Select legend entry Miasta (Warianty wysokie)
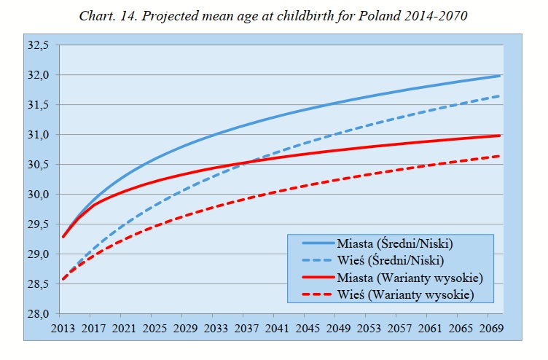[409, 278]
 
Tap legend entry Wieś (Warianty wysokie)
[405, 294]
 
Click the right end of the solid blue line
[501, 76]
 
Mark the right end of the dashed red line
[501, 156]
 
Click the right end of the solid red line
[501, 136]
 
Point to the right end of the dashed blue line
[501, 96]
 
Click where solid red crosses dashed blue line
[247, 163]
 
